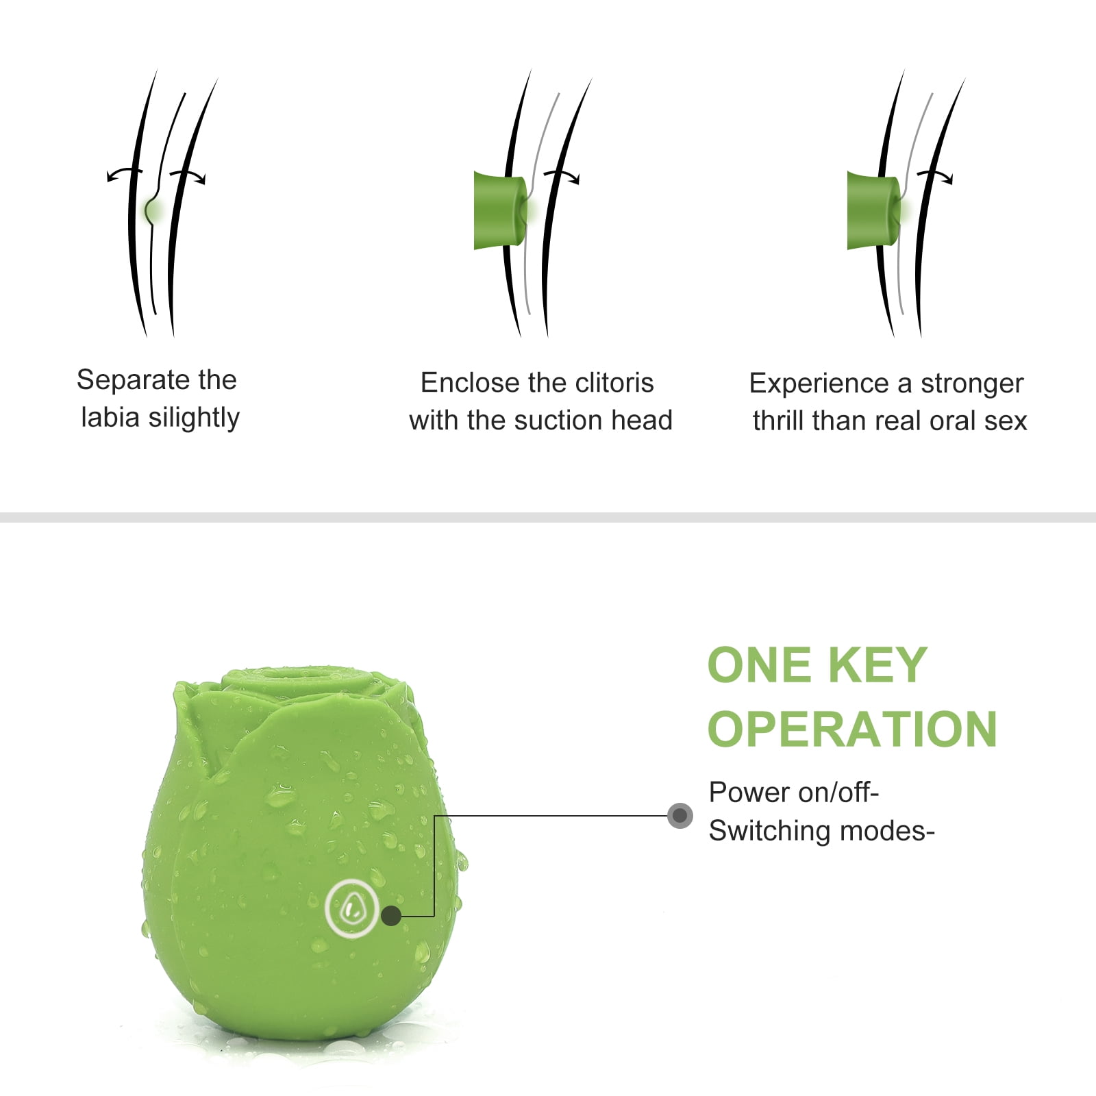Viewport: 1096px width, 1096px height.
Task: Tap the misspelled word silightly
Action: [x=194, y=417]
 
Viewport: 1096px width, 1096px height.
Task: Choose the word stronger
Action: [x=972, y=384]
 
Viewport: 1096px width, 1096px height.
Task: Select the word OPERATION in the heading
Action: [x=852, y=729]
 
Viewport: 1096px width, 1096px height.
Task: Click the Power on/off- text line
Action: [x=794, y=792]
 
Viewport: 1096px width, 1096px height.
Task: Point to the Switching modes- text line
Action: [x=822, y=831]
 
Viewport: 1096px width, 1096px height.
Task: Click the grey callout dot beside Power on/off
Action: [x=680, y=815]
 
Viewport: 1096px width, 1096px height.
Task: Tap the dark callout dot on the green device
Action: [x=391, y=915]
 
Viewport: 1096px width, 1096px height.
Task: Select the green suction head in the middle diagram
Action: [x=501, y=210]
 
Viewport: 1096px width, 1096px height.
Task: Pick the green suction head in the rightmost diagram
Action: [x=874, y=210]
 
